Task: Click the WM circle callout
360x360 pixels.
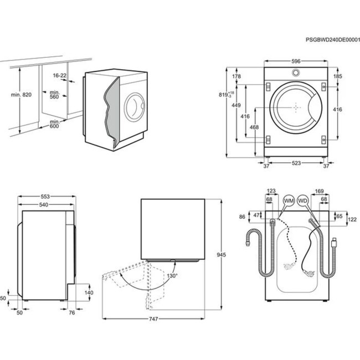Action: pyautogui.click(x=289, y=200)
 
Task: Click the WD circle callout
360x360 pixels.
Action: pyautogui.click(x=302, y=200)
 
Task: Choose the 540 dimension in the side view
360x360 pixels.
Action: pyautogui.click(x=45, y=205)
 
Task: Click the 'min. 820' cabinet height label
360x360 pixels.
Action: pyautogui.click(x=21, y=95)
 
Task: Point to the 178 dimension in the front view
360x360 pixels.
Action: pyautogui.click(x=237, y=76)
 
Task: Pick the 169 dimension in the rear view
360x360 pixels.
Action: pyautogui.click(x=320, y=192)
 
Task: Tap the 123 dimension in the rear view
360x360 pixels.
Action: pyautogui.click(x=271, y=192)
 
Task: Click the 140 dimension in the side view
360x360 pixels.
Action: pyautogui.click(x=89, y=292)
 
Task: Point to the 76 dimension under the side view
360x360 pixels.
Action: pyautogui.click(x=72, y=313)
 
